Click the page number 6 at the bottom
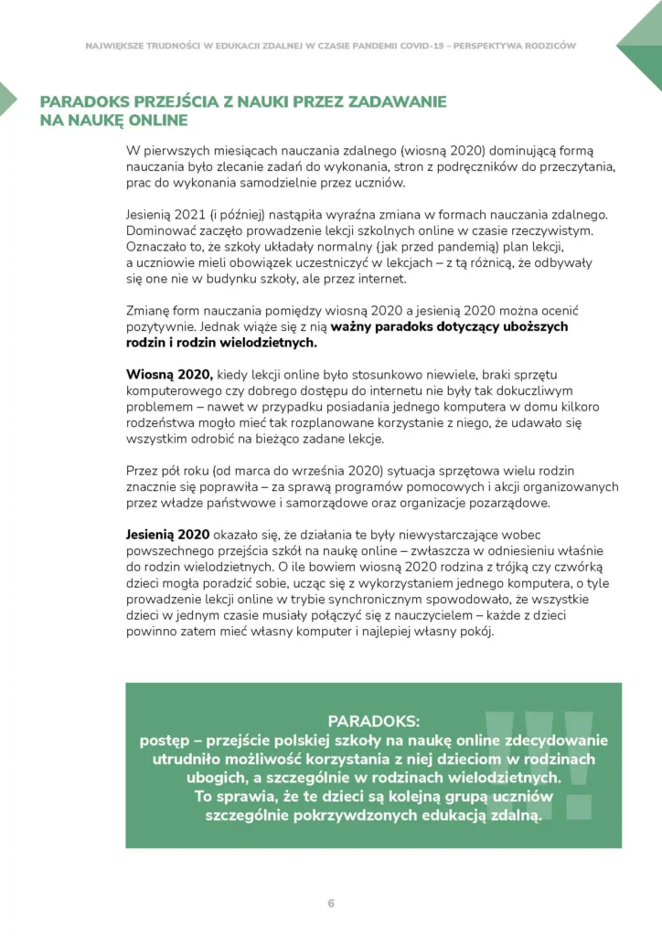(x=331, y=903)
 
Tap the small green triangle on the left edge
(x=6, y=98)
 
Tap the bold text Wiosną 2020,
(x=169, y=375)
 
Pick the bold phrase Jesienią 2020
(x=167, y=534)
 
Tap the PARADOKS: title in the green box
(x=373, y=720)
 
